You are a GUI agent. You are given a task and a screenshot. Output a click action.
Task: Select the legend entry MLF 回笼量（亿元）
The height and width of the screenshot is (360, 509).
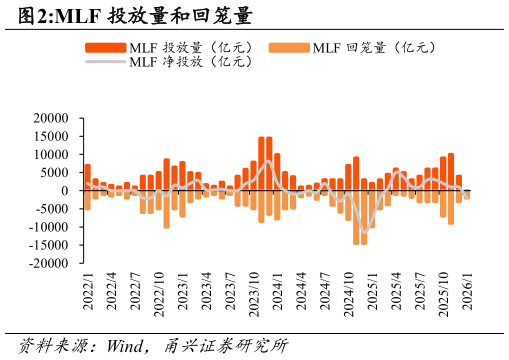click(375, 47)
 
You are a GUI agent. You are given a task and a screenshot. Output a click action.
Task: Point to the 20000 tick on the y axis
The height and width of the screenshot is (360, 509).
click(51, 118)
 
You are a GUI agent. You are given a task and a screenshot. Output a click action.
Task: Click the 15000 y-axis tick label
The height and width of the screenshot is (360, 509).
click(51, 136)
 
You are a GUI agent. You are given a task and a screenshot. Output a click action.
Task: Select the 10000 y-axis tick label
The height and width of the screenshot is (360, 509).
click(51, 155)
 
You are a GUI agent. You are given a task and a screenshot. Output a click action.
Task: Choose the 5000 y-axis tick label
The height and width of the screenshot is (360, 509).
click(54, 173)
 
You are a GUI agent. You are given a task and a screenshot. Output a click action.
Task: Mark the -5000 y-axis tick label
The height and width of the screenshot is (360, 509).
click(52, 209)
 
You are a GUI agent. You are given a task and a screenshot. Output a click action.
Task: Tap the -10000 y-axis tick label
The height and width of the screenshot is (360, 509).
click(49, 228)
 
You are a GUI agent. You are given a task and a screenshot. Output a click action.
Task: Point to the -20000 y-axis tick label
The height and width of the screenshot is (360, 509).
click(49, 264)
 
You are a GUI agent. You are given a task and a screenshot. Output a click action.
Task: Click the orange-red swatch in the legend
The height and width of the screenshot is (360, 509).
click(104, 47)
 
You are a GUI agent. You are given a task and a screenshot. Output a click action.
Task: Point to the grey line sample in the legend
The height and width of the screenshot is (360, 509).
click(104, 62)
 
